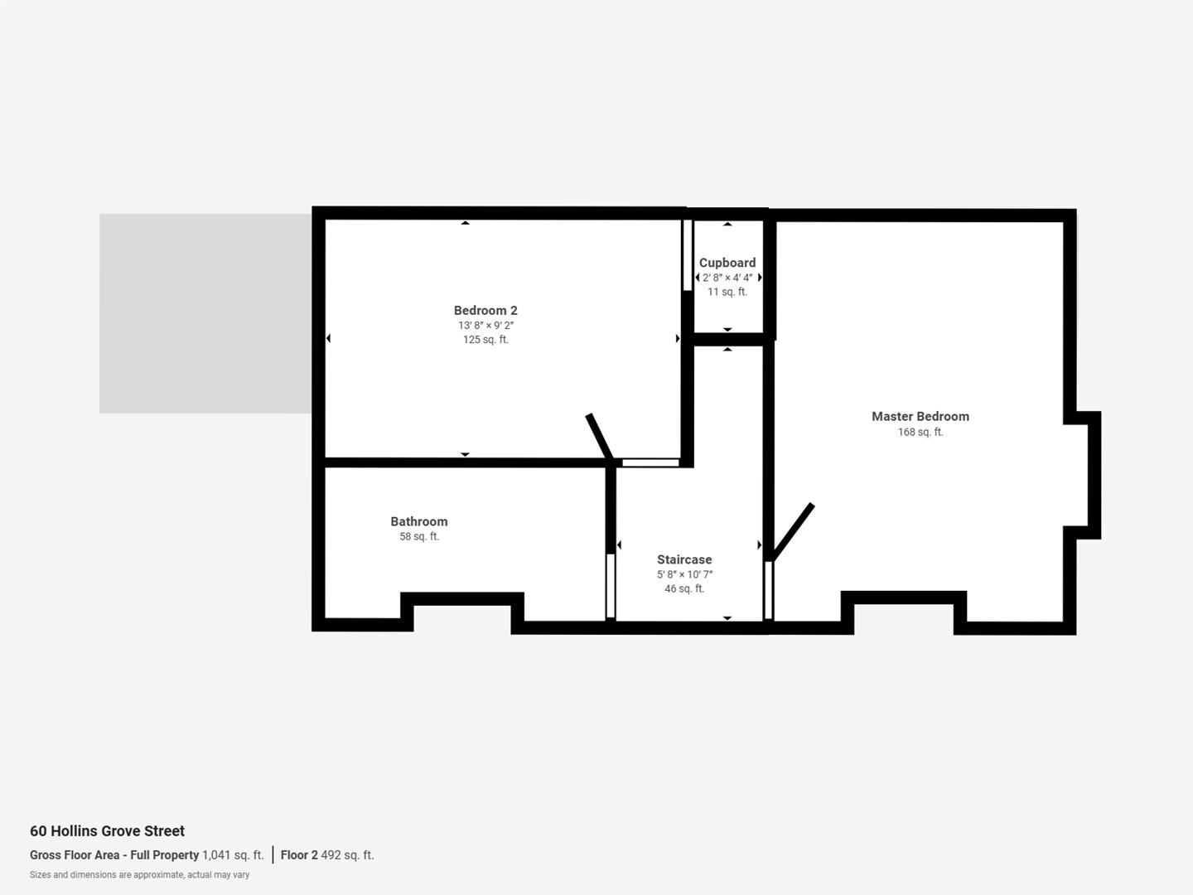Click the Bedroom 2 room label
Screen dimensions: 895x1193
(485, 310)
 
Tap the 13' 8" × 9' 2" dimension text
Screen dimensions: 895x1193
(485, 325)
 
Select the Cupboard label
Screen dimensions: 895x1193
(727, 263)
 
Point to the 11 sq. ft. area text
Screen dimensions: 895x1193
(727, 292)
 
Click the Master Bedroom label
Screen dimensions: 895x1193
(920, 416)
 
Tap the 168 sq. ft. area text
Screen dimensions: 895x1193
(920, 432)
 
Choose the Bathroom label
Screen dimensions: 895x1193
(418, 521)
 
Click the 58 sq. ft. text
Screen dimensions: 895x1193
(418, 536)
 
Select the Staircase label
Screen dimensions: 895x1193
(683, 559)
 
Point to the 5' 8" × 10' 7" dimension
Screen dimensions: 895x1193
(683, 574)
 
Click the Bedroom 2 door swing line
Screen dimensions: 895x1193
(599, 436)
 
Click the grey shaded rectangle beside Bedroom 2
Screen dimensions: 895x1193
(205, 313)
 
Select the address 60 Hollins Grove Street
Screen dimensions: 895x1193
(107, 831)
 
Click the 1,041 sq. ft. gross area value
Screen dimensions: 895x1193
(233, 855)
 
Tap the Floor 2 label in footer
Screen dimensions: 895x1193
(299, 855)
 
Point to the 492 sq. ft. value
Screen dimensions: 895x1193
(347, 855)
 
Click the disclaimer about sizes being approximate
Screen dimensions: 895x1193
(139, 875)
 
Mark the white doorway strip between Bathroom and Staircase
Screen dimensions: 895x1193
(611, 586)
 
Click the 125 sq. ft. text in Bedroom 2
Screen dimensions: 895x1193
(485, 340)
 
